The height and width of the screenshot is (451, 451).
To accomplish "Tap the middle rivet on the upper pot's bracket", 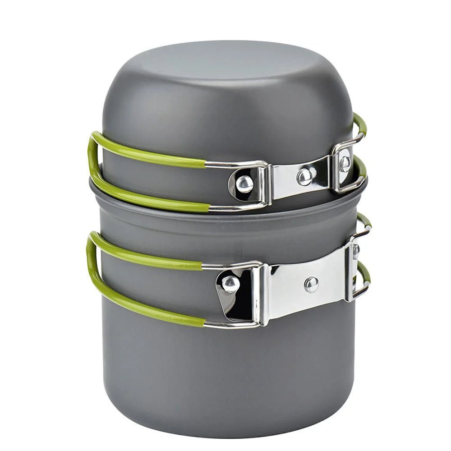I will point(305,176).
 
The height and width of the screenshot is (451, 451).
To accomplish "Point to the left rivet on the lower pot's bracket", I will point(230,284).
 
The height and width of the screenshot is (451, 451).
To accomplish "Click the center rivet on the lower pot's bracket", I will point(311,284).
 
